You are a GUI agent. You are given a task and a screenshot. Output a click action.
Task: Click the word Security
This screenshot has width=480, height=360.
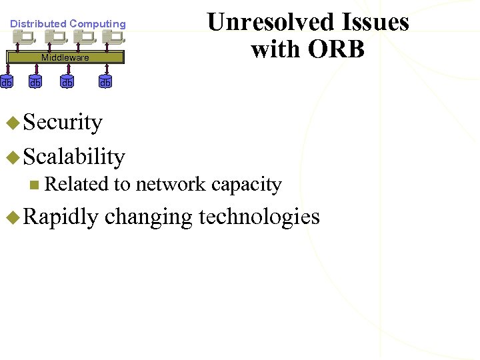(x=63, y=123)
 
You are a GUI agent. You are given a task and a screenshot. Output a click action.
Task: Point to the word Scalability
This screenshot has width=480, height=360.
(x=74, y=157)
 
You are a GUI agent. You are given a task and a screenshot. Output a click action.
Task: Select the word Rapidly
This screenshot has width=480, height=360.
(x=61, y=217)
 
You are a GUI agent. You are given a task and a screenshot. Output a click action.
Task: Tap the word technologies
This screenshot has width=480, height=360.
(x=259, y=217)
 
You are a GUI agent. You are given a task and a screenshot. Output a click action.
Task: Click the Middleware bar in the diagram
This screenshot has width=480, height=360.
(x=65, y=57)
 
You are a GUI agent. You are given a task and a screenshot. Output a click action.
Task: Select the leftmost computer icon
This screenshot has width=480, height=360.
(x=25, y=38)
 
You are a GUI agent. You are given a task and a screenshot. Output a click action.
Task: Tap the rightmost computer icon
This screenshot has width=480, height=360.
(x=112, y=38)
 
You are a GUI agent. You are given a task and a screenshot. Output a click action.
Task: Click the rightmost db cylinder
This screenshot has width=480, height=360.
(x=105, y=83)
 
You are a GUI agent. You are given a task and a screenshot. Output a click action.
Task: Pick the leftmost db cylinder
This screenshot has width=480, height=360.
(x=6, y=83)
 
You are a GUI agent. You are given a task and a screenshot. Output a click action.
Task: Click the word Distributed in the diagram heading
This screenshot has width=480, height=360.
(x=38, y=24)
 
